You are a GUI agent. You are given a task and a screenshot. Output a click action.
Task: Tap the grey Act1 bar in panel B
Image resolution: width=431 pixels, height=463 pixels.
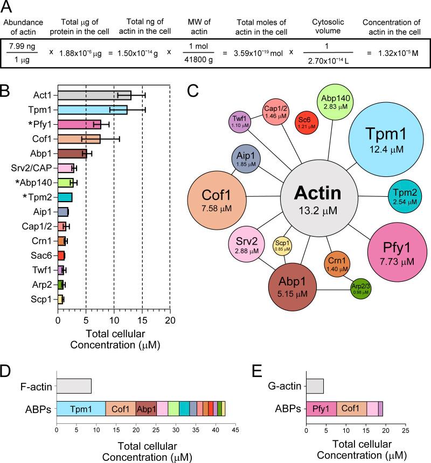click(94, 95)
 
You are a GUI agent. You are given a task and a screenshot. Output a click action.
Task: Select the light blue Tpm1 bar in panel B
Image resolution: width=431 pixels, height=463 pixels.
click(92, 110)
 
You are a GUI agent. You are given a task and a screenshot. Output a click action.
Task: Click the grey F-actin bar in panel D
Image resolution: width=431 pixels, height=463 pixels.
click(74, 387)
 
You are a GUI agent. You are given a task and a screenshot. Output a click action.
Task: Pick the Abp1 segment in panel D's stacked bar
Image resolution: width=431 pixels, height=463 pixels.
click(146, 409)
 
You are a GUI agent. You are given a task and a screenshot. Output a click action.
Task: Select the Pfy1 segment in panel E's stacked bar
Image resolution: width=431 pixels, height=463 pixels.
click(321, 409)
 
